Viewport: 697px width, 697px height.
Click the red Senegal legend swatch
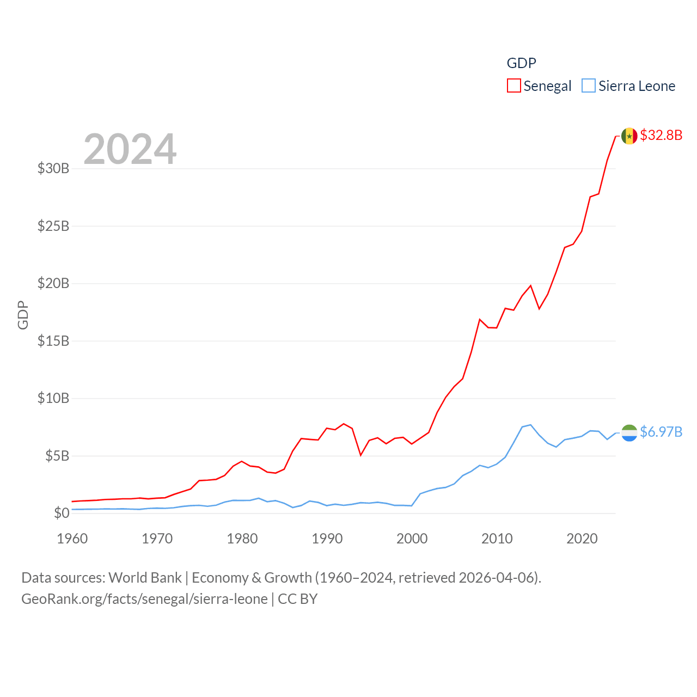coord(513,86)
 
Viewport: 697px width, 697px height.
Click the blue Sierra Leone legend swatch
coord(589,86)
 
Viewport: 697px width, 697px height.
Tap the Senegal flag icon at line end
coord(629,136)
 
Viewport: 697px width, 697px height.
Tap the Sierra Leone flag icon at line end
coord(629,433)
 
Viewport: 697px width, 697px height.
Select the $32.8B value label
coord(661,135)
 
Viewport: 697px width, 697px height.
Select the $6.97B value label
coord(661,432)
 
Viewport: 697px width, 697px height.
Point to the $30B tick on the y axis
coord(53,168)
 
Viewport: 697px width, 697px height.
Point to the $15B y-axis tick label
coord(53,341)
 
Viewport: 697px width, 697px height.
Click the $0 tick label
coord(62,513)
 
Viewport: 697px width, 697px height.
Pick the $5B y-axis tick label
coord(57,456)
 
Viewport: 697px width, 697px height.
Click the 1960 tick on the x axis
coord(72,539)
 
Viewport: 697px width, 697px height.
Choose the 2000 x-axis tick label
coord(412,539)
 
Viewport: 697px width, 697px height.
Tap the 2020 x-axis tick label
coord(582,539)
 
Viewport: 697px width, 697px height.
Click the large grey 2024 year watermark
coord(130,149)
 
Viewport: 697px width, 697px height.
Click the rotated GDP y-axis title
coord(23,315)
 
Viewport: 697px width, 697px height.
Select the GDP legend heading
coord(521,63)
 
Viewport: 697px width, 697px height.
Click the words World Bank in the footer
coord(145,577)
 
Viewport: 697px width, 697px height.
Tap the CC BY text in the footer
coord(297,599)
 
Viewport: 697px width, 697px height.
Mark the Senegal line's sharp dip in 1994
coord(360,455)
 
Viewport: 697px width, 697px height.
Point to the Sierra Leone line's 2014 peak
coord(530,425)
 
